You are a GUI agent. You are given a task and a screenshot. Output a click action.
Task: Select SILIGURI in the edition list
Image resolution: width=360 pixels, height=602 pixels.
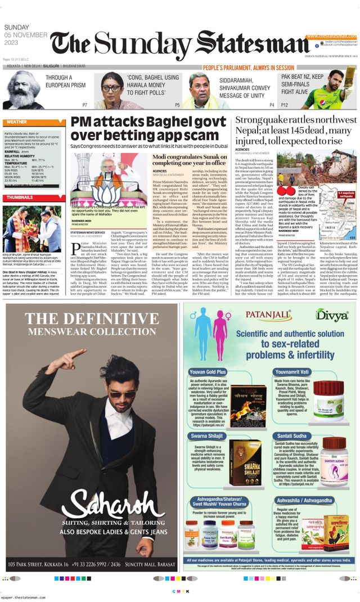point(65,66)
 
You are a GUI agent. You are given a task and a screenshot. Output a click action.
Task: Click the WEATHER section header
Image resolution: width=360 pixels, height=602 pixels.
point(17,122)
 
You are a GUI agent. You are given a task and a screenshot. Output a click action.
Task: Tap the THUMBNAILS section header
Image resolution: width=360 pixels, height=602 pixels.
point(20,197)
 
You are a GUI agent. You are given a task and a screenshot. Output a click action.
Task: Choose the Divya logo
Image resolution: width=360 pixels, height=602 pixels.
point(331,314)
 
